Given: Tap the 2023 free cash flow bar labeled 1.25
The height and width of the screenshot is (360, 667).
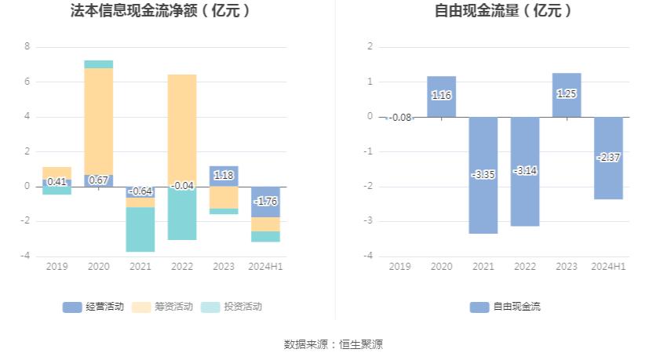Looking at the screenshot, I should click(567, 95).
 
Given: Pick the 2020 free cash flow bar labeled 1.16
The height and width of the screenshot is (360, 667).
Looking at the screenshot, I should click(442, 96).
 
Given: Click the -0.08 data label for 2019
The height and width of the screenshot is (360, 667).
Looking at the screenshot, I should click(399, 118).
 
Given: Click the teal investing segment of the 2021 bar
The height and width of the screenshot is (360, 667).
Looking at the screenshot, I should click(140, 229).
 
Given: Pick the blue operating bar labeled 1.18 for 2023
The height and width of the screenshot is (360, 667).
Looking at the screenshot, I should click(224, 176).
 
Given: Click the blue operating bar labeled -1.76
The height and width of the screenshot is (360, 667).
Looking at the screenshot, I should click(265, 202).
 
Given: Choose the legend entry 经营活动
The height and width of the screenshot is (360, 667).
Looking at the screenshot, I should click(93, 307).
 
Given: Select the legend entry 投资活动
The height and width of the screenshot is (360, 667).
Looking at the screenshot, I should click(231, 307).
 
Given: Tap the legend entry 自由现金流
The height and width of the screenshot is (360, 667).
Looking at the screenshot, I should click(505, 307).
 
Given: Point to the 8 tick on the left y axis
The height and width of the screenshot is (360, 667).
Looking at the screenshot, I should click(27, 47).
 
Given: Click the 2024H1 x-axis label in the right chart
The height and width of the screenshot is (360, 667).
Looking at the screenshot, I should click(608, 267).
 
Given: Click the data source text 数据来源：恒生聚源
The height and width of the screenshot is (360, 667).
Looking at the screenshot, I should click(333, 344).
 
